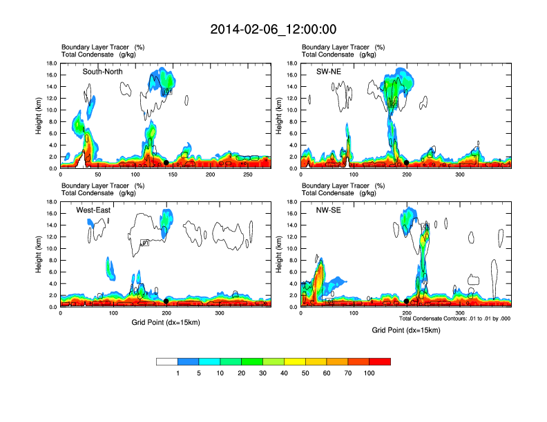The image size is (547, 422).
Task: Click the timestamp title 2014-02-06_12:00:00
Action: tap(273, 29)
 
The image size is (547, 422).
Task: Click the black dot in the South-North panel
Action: tap(166, 163)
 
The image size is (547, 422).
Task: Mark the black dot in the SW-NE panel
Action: tap(407, 163)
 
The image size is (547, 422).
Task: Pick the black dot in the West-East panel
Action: tap(166, 301)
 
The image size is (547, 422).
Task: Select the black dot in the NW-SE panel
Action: tap(406, 301)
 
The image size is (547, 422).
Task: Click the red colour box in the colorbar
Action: tap(380, 361)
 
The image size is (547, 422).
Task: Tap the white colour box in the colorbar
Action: tap(167, 361)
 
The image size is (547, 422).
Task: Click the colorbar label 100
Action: tap(370, 373)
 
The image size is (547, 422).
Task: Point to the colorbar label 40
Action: tap(285, 373)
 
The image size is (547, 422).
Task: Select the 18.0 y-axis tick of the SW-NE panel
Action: tap(292, 63)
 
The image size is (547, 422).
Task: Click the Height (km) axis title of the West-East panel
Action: tap(39, 254)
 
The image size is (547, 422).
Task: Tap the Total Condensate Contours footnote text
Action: tap(454, 319)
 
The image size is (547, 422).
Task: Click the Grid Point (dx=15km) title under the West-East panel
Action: tap(166, 323)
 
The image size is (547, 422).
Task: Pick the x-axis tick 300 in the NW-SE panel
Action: tap(460, 313)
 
